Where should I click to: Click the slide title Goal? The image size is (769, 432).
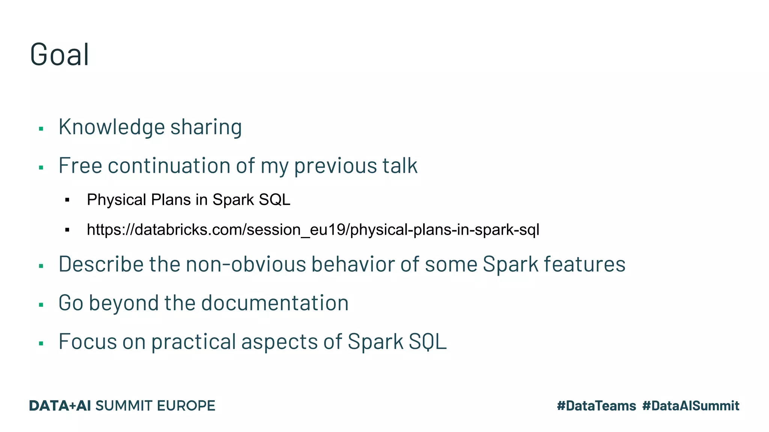click(59, 55)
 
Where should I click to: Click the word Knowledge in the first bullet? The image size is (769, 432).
click(112, 127)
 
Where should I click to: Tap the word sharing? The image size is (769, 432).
click(206, 127)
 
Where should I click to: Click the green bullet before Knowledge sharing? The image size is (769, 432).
click(41, 129)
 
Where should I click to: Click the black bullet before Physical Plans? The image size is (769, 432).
click(67, 200)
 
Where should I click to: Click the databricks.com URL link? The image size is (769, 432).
click(313, 229)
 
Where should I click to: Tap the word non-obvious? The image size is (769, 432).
click(246, 264)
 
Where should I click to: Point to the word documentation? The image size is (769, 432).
click(275, 303)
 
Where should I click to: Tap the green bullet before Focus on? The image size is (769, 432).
click(41, 343)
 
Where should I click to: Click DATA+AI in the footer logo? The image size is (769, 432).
click(60, 406)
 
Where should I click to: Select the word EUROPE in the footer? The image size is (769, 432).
click(186, 406)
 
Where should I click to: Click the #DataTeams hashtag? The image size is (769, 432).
click(596, 406)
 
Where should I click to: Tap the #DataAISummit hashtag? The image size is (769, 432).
click(691, 406)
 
